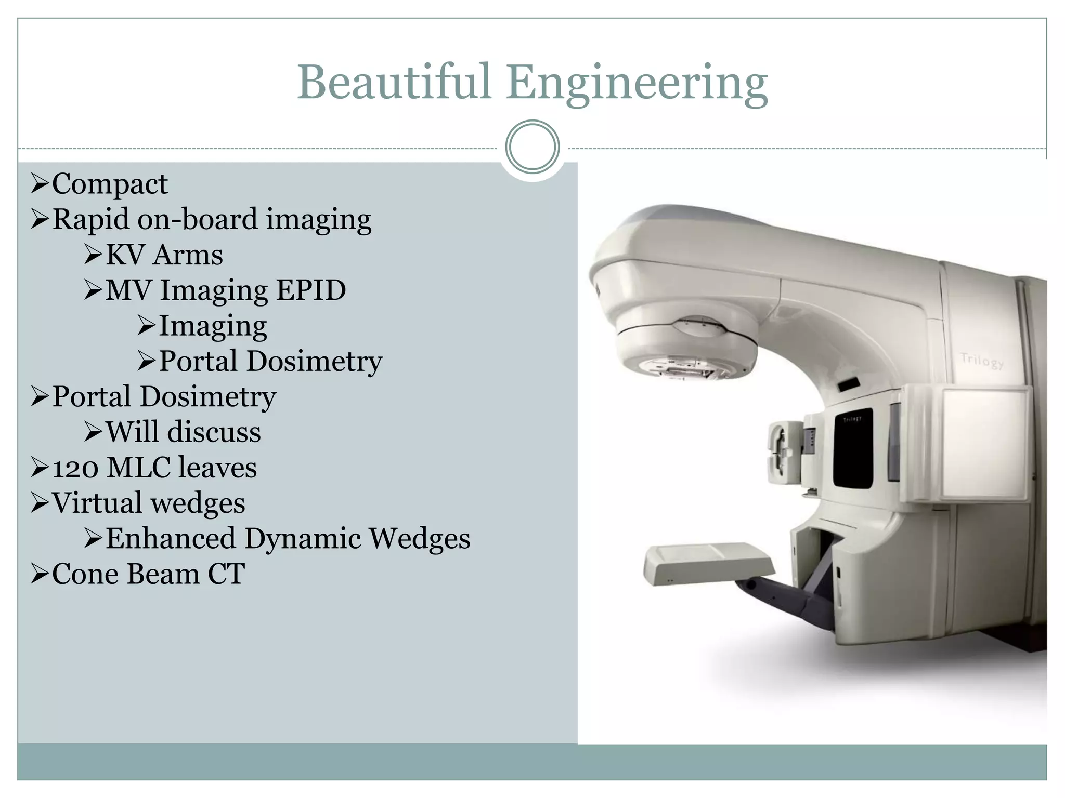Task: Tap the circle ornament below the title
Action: click(x=532, y=147)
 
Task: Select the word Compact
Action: click(x=110, y=184)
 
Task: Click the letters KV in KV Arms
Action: click(x=125, y=255)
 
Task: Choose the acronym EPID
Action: click(x=310, y=290)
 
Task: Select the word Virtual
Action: click(x=97, y=503)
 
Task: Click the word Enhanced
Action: click(x=171, y=538)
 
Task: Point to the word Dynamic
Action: click(x=303, y=538)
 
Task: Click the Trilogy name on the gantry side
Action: click(x=981, y=360)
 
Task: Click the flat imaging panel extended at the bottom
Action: click(x=707, y=563)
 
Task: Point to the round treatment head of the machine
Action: click(x=686, y=348)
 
